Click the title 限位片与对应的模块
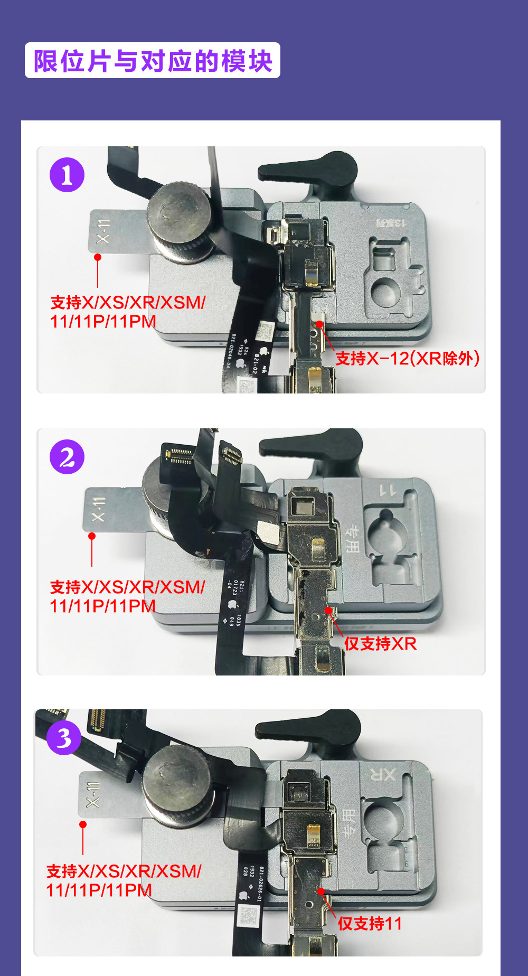153,61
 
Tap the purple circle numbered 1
67,175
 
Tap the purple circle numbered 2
67,457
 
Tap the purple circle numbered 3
64,738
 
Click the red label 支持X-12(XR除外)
407,359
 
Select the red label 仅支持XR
380,643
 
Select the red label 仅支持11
370,923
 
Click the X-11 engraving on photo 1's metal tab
103,231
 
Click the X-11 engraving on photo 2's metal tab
98,509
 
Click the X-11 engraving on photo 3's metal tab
93,794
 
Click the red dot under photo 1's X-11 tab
98,257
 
